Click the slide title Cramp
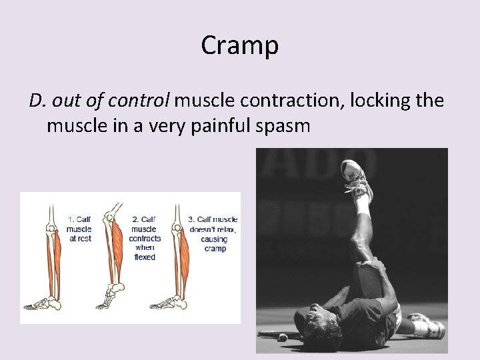239,45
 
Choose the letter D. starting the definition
37,101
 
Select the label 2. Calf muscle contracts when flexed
145,237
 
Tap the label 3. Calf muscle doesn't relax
213,233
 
